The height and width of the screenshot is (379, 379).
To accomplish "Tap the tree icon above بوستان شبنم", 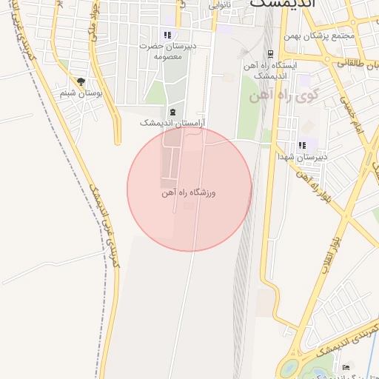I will (81, 82).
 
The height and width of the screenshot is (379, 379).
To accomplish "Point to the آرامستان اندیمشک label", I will (172, 123).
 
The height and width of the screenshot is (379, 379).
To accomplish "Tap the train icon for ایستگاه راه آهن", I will (270, 53).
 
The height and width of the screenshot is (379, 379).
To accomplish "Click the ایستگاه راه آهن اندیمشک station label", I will (275, 70).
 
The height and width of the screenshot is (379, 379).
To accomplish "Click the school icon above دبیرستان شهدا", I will (301, 145).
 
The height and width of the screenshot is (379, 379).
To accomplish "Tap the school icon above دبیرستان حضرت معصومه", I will (167, 35).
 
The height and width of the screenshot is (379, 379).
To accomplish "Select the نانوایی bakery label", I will (219, 5).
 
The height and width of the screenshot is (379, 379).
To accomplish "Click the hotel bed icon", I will (346, 368).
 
